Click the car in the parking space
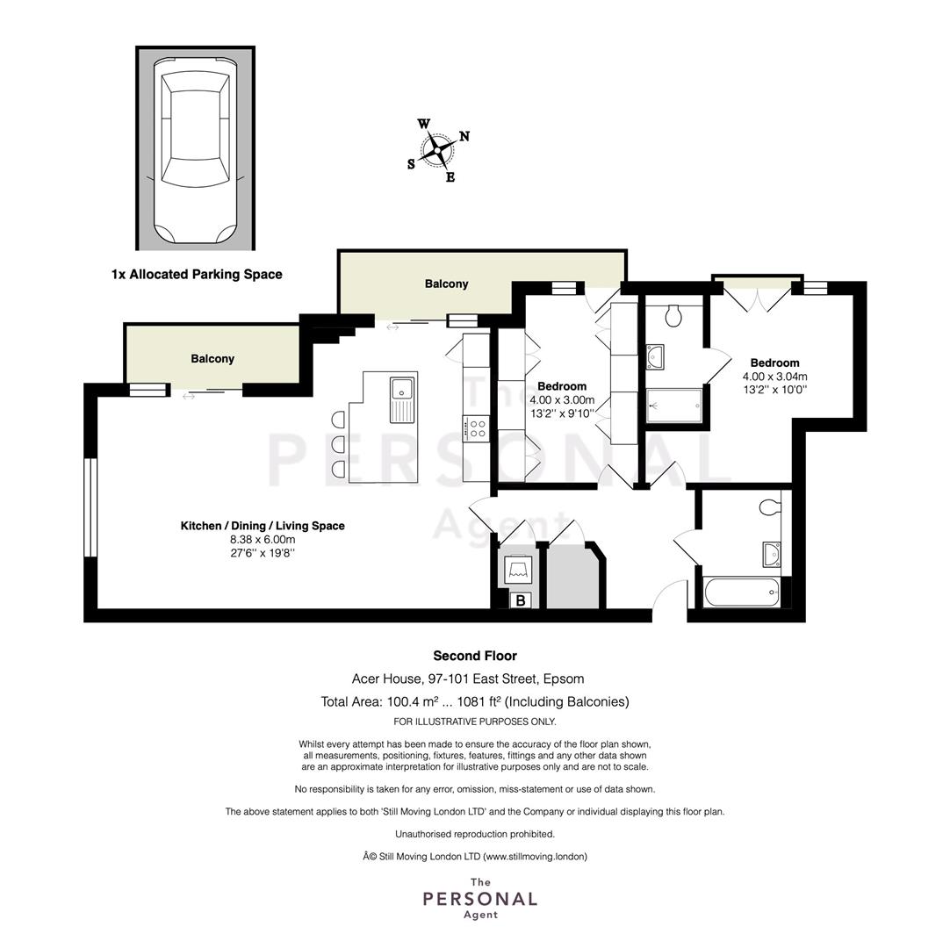click(x=195, y=149)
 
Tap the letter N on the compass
click(x=464, y=136)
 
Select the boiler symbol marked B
click(x=521, y=600)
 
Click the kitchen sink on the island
click(x=402, y=399)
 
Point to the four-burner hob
click(x=476, y=428)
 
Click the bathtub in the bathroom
click(x=742, y=592)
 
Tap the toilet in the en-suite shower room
click(x=673, y=316)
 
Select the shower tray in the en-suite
click(x=674, y=406)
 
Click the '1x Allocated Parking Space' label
click(x=197, y=275)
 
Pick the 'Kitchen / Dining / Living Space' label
click(x=263, y=526)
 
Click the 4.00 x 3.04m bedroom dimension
click(x=775, y=377)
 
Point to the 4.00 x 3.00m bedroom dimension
click(x=562, y=399)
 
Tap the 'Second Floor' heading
click(x=475, y=656)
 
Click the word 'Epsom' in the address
click(x=564, y=679)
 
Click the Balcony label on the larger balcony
click(x=447, y=284)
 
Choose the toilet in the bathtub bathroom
click(x=770, y=506)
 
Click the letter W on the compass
click(x=423, y=124)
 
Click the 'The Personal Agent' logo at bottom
click(x=480, y=898)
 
